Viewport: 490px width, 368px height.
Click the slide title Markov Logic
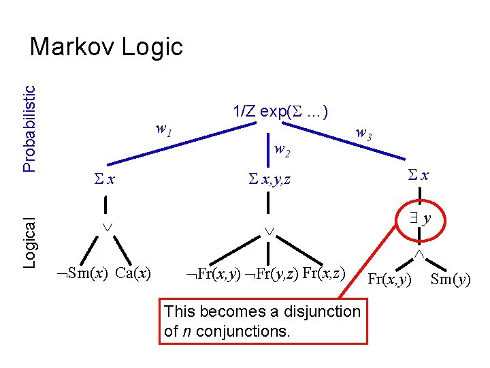107,47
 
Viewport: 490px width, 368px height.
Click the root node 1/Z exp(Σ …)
281,111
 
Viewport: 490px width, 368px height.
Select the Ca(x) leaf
133,274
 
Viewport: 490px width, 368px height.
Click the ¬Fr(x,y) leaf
213,275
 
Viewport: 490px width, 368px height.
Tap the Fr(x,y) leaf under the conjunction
390,279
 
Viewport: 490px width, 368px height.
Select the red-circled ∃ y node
420,219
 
